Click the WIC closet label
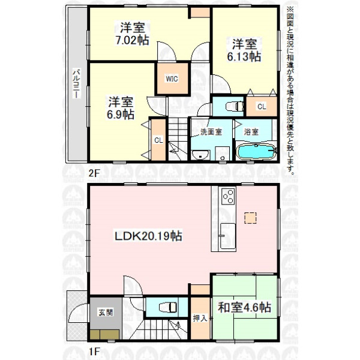(x=172, y=79)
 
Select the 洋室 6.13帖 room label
(x=244, y=50)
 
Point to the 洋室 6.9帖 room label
(x=121, y=108)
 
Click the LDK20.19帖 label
(x=148, y=236)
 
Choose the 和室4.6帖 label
(x=245, y=307)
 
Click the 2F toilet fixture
(x=235, y=106)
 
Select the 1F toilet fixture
(x=168, y=307)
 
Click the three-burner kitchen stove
(x=228, y=196)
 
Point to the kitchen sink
(x=228, y=236)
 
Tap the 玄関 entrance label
(x=106, y=313)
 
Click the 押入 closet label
(x=200, y=318)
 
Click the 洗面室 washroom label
(x=211, y=132)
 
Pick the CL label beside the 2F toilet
(x=262, y=107)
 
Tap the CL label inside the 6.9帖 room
(x=158, y=140)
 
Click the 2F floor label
(x=94, y=173)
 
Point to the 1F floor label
(x=94, y=351)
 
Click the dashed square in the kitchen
(x=250, y=218)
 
